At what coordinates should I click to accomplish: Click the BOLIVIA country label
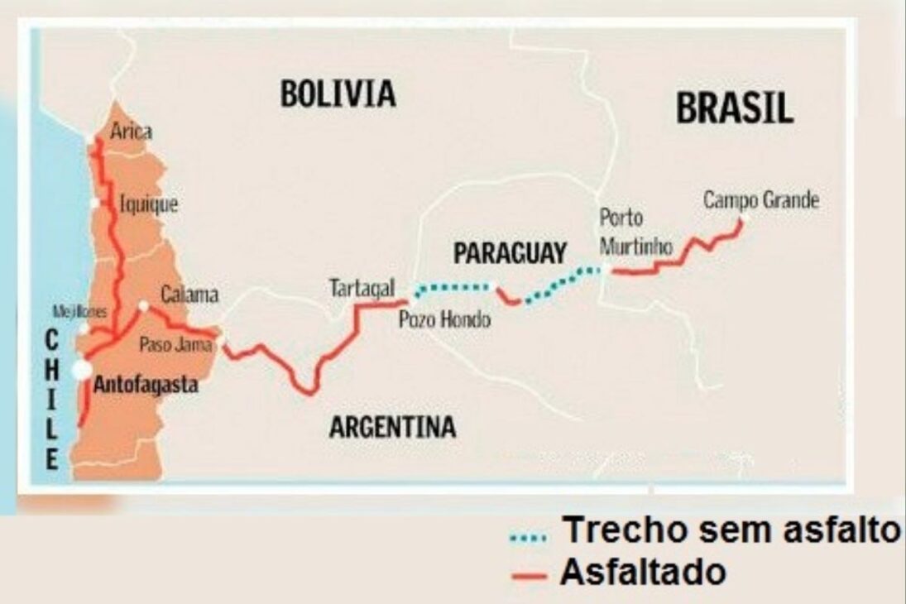pos(338,93)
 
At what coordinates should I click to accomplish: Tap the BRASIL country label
pos(735,108)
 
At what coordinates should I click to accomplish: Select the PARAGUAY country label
pos(511,252)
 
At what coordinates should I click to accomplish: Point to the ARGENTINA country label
pos(392,427)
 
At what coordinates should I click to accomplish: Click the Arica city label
pos(132,132)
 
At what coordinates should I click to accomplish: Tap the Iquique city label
pos(149,204)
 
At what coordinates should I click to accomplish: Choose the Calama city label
pos(189,295)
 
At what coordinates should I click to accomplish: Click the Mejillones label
pos(80,312)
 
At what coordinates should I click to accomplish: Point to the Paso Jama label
pos(176,344)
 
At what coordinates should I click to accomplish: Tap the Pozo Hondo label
pos(444,320)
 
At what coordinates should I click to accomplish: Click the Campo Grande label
pos(760,200)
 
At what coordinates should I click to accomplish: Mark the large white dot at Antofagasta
pos(82,371)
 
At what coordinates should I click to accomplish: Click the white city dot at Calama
pos(143,305)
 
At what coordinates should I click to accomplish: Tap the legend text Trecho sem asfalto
pos(730,530)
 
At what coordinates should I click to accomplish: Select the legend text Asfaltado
pos(643,572)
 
